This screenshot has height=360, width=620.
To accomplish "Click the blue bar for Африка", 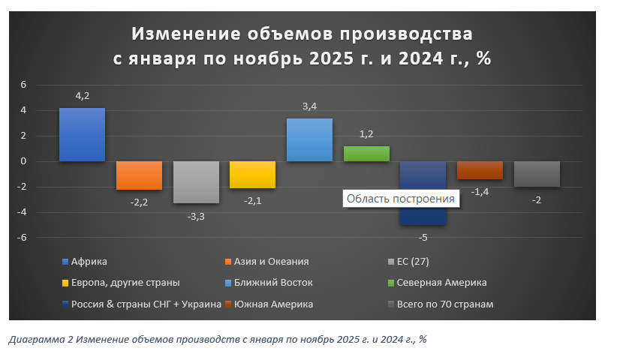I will pos(82,135).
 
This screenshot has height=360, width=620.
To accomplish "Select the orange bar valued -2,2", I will pos(139,175).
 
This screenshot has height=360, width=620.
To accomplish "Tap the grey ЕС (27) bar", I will pos(196,182).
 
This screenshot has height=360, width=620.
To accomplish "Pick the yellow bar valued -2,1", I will pos(252,175).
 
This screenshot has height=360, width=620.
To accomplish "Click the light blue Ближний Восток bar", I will pos(309,140).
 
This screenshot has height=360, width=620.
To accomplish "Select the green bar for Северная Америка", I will pos(366,154).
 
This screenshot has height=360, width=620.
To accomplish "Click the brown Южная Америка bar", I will pos(480,170).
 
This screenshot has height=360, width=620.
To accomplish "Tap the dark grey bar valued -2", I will pos(537,174).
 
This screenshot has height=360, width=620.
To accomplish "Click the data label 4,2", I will pos(83,96).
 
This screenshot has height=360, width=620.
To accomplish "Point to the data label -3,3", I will pos(196,216).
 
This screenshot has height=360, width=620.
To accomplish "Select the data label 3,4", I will pos(309,106).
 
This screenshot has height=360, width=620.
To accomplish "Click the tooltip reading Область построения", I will pos(400,199).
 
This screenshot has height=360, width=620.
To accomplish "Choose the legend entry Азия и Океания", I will pos(271,262).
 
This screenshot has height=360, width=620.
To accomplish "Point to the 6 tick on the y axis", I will pos(24,85).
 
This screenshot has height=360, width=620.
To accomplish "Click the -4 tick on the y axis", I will pos(22,212).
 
